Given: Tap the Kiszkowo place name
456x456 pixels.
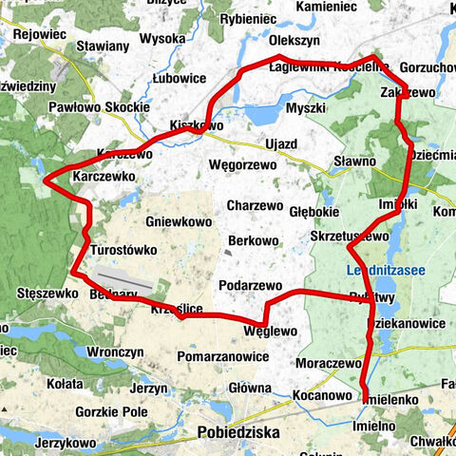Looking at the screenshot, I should click(x=196, y=124).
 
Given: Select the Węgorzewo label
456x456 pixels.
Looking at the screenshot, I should click(x=242, y=164).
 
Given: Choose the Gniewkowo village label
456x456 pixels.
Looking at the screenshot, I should click(x=179, y=221).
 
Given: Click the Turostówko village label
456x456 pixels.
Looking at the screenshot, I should click(x=122, y=250).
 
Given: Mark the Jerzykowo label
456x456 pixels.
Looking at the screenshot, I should click(x=66, y=444).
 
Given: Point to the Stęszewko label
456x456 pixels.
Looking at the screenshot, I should click(x=47, y=294).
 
